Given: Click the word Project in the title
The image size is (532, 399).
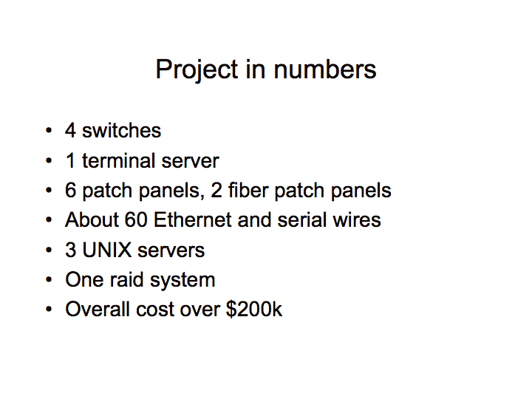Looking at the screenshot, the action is pos(197,70).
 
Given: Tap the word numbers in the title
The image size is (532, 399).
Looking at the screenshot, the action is pos(325,69).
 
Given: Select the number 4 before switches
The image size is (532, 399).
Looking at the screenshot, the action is pos(70,130).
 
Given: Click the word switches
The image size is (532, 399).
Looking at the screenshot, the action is pos(121,130).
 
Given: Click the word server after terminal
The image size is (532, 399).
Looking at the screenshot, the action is pos(191,161).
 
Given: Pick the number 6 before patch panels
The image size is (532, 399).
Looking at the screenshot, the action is pos(71,190).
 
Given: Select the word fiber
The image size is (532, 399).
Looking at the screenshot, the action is pos(248,190).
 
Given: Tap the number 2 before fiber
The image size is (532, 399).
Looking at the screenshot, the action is pos(216,190).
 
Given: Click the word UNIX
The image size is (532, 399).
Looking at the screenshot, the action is pos(107,250).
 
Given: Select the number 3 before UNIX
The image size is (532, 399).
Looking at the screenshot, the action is pos(71,250).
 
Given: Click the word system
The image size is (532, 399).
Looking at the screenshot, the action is pos(183,281).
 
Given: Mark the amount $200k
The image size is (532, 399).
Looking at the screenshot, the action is pos(253,309).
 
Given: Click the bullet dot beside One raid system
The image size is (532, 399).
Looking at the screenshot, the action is pos(49,279).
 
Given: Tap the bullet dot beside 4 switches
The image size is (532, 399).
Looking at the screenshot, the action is pos(49,130).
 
